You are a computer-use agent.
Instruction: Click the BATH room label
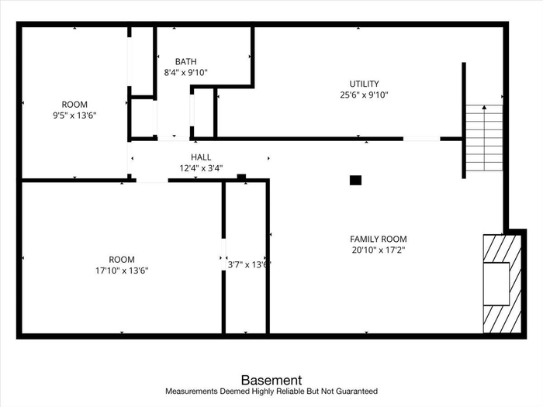click(186, 61)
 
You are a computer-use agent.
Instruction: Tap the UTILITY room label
click(364, 84)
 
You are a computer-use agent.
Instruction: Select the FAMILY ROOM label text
click(379, 239)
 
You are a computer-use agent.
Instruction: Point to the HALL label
click(201, 157)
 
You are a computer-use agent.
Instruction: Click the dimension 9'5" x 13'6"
click(74, 116)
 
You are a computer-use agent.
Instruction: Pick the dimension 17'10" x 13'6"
click(122, 271)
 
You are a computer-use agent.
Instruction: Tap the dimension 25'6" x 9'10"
click(364, 95)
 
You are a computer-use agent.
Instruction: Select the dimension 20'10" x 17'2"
click(379, 250)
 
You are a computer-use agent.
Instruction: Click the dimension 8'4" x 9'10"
click(186, 73)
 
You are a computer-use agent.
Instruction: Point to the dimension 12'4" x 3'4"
click(201, 168)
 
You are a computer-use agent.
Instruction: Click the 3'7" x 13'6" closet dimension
click(249, 265)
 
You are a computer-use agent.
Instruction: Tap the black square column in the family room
click(355, 181)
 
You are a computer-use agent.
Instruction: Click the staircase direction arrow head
click(484, 108)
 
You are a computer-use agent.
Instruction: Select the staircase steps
click(484, 138)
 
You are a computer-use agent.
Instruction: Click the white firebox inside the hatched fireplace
click(496, 284)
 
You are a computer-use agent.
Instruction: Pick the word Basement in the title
click(271, 381)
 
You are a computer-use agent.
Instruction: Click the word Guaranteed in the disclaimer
click(357, 391)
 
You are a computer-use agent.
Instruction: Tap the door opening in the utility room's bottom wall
click(421, 139)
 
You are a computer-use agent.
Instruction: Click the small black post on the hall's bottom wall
click(241, 178)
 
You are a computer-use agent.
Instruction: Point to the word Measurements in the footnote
click(192, 391)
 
